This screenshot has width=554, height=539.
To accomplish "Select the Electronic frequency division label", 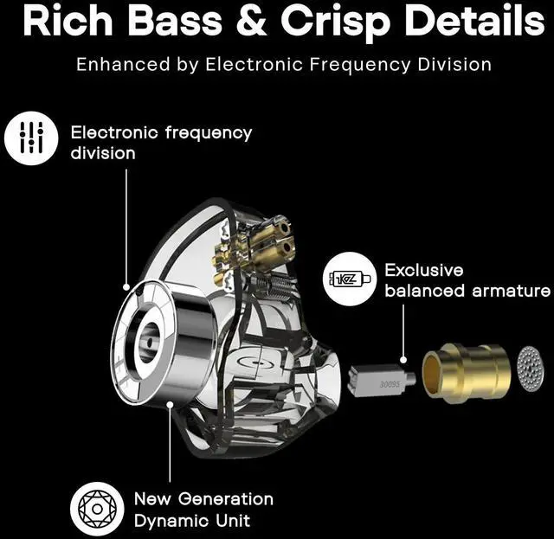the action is [x=161, y=143].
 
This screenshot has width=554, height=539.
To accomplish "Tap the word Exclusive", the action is [x=424, y=270].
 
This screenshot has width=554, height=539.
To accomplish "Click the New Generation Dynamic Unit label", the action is [x=203, y=510].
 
